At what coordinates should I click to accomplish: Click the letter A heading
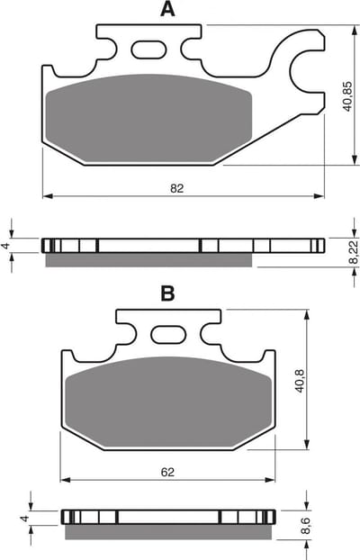pos(167,9)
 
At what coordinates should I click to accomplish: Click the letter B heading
pos(167,294)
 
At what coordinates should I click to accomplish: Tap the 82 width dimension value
pos(176,188)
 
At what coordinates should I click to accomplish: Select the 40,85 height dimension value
pos(347,96)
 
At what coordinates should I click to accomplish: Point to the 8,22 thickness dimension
pos(353,251)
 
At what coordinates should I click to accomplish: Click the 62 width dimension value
pos(167,472)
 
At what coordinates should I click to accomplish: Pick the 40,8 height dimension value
pos(300,381)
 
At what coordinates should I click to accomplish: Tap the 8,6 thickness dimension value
pos(305,526)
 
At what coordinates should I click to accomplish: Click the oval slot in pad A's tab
pos(148,50)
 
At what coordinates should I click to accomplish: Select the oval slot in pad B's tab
pos(168,335)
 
